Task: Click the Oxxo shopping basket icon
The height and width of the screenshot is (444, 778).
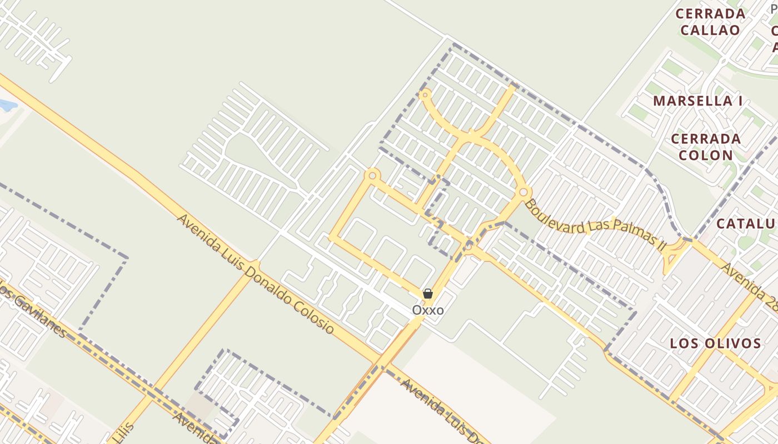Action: coord(428,294)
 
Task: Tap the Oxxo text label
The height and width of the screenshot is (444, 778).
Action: coord(428,310)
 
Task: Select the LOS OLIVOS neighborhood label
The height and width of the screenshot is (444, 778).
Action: coord(715,343)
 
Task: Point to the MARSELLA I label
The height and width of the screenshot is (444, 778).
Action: coord(698,101)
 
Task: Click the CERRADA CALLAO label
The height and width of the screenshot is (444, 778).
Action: coord(710,22)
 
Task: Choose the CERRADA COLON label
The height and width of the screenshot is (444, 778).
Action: coord(706,147)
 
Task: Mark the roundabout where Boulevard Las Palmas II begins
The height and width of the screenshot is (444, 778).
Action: coord(523,192)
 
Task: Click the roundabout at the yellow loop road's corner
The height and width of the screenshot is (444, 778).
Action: coord(372,175)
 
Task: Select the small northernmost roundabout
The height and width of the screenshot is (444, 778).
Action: coord(425,95)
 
